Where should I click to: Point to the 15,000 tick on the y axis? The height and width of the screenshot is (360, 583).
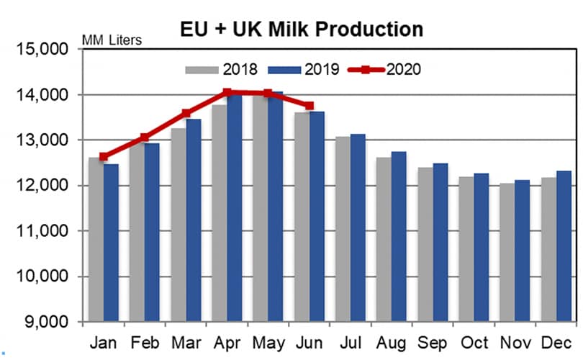coord(48,50)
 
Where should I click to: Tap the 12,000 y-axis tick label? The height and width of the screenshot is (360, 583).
coord(48,186)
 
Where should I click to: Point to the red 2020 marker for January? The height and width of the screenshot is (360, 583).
coord(104,156)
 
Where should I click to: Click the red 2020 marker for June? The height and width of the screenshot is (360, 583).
coord(309,106)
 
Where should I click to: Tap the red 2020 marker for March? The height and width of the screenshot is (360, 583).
coord(186,113)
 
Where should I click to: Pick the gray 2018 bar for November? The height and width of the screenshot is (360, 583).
coord(507,252)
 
